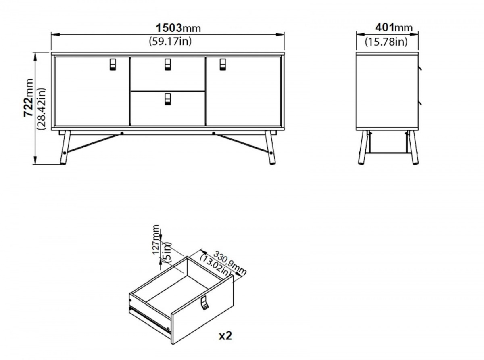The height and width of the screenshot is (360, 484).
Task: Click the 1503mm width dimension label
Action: click(x=178, y=28)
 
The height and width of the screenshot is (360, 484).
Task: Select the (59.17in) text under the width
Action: click(x=170, y=41)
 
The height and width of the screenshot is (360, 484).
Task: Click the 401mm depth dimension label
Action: click(x=394, y=28)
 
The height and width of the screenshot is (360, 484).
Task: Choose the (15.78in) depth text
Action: click(x=386, y=42)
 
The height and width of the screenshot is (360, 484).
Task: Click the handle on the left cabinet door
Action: click(x=113, y=65)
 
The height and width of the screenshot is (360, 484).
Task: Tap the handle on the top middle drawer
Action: click(x=168, y=65)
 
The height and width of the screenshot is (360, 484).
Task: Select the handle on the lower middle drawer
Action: click(x=168, y=99)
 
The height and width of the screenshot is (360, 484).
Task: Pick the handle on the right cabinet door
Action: click(x=223, y=65)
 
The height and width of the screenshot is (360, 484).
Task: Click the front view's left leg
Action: click(x=65, y=147)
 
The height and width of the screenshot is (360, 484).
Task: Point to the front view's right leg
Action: click(x=270, y=147)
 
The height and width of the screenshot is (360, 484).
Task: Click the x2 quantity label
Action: click(x=225, y=336)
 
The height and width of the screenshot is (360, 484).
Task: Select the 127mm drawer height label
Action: click(x=156, y=240)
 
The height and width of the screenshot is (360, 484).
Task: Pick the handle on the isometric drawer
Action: click(x=204, y=303)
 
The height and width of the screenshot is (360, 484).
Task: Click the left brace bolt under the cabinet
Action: click(x=122, y=133)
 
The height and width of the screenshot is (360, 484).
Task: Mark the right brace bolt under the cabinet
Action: click(x=214, y=133)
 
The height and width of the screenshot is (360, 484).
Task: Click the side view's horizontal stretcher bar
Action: click(x=388, y=153)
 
